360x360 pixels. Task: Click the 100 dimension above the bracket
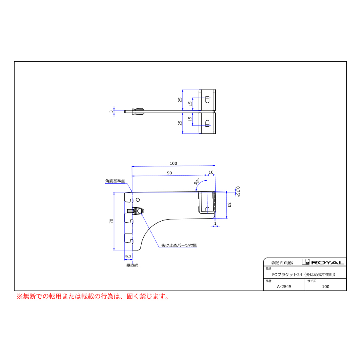click(x=173, y=163)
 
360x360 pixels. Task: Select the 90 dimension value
click(x=170, y=173)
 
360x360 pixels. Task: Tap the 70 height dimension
click(x=111, y=221)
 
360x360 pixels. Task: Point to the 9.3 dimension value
click(x=128, y=256)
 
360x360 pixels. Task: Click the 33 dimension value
click(x=229, y=205)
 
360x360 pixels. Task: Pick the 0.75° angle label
click(x=238, y=192)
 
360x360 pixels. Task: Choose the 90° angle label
click(x=197, y=182)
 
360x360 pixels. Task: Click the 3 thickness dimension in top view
click(x=111, y=112)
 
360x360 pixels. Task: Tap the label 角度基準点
click(x=115, y=181)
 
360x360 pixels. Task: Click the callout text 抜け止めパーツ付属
click(x=179, y=245)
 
